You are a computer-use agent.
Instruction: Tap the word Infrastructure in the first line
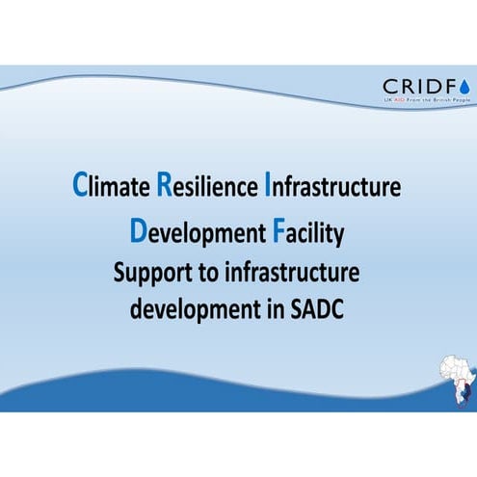click(x=331, y=186)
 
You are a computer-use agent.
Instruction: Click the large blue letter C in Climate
click(x=80, y=185)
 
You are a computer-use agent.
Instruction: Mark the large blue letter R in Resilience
click(x=163, y=185)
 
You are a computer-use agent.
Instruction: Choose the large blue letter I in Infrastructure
click(x=266, y=185)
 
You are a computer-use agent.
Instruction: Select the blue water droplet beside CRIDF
click(x=465, y=85)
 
